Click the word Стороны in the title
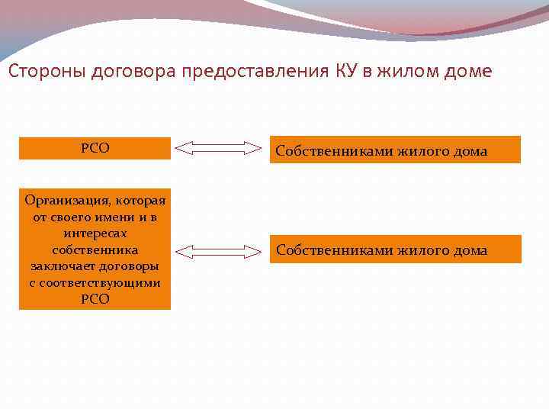(x=47, y=72)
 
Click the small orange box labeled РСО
(x=95, y=148)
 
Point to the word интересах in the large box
(x=95, y=233)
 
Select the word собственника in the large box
(x=95, y=250)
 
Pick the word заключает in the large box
(x=61, y=266)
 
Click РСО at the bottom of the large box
(x=95, y=299)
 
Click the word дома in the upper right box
(x=469, y=151)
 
